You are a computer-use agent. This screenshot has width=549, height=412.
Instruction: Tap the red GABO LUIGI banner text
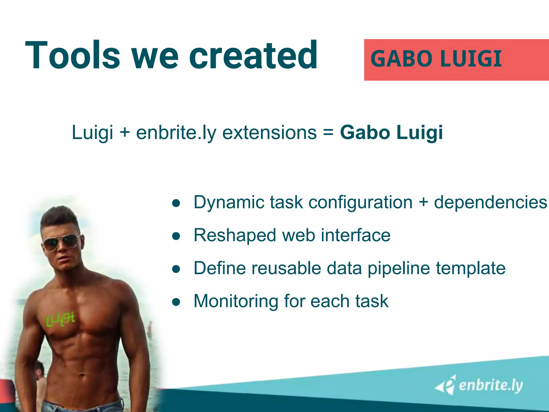click(x=436, y=59)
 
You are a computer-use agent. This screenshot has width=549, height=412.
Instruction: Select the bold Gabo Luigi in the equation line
click(x=391, y=133)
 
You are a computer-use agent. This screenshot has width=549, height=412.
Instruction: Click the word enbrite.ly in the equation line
click(x=176, y=133)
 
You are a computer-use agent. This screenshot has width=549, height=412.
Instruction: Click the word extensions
click(x=269, y=133)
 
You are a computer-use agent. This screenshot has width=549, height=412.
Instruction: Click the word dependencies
click(x=490, y=203)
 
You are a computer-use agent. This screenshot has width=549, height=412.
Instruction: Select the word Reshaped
click(x=235, y=236)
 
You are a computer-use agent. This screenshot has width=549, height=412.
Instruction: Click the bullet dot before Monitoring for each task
click(x=176, y=302)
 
